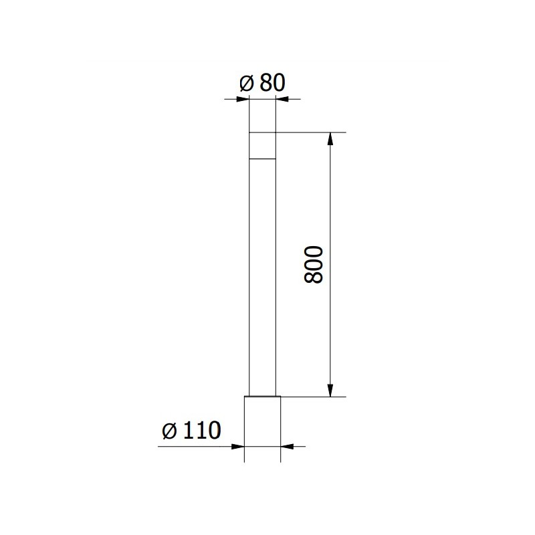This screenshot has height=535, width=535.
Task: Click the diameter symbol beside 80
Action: (245, 83)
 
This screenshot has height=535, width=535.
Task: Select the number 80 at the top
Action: (272, 83)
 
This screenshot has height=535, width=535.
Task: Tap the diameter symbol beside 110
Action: (169, 431)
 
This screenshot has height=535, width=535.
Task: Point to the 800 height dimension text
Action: (314, 265)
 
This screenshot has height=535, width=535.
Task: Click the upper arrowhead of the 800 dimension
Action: (329, 139)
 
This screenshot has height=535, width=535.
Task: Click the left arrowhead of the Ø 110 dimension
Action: (238, 446)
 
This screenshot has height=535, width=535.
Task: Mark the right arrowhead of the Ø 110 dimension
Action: (286, 446)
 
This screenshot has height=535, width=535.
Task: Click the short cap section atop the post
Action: (262, 146)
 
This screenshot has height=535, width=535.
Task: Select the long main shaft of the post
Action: (262, 274)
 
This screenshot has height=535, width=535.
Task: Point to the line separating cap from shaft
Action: (262, 158)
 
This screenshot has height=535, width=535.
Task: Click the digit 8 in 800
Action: (314, 278)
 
